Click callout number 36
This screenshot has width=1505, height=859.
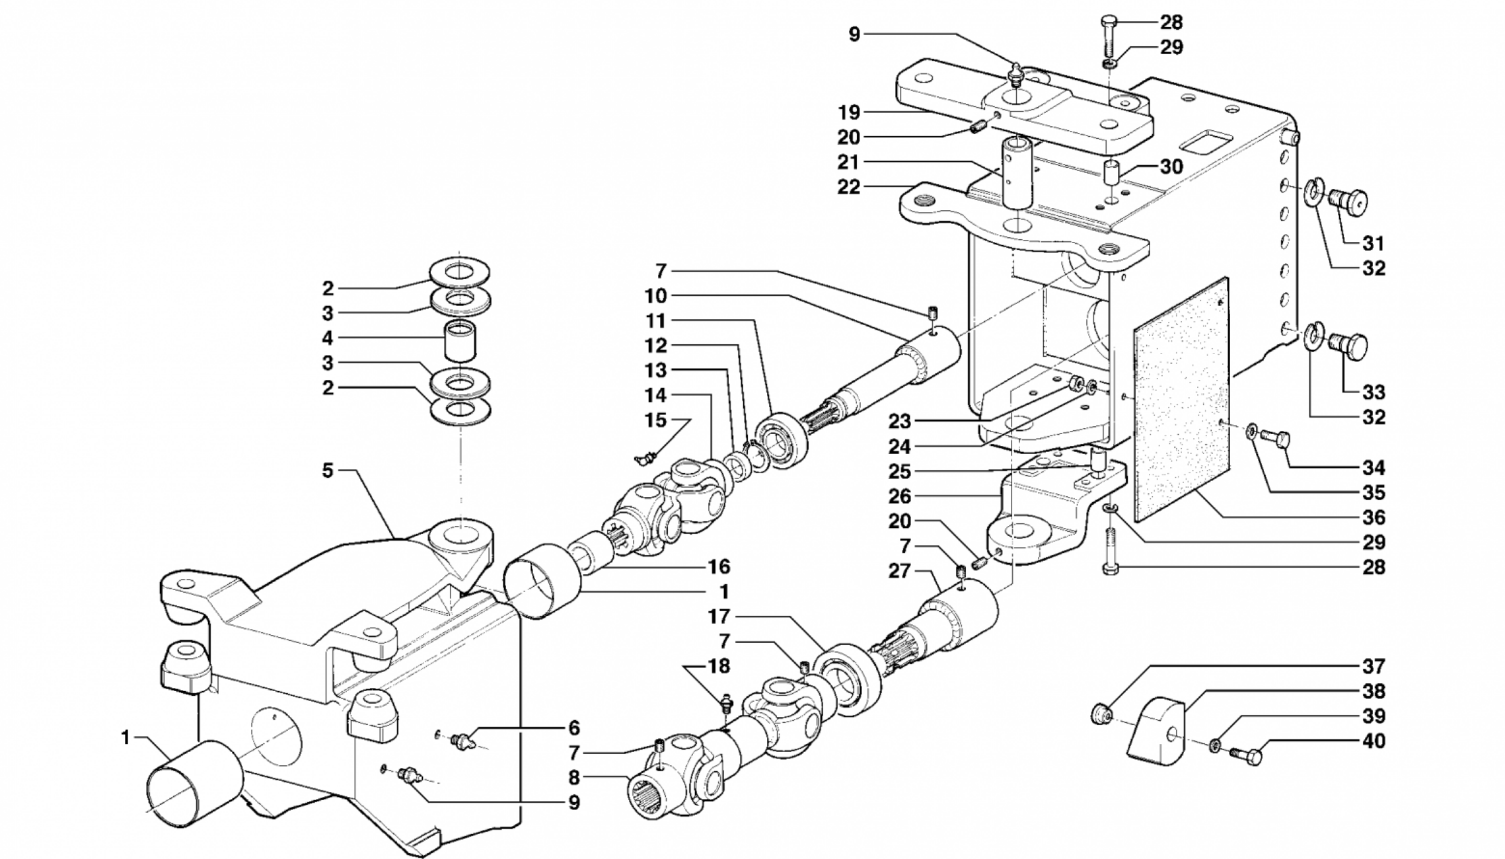click(x=1374, y=517)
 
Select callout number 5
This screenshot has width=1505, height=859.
click(x=328, y=470)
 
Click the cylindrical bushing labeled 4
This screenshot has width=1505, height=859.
click(x=460, y=341)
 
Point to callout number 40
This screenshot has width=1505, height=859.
click(x=1374, y=741)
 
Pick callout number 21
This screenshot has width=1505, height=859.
click(x=849, y=162)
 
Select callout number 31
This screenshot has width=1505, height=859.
click(x=1374, y=243)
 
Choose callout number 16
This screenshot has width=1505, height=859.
click(x=719, y=566)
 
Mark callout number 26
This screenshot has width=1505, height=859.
click(x=900, y=496)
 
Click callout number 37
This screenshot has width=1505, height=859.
click(x=1374, y=666)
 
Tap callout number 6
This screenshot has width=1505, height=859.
click(x=573, y=728)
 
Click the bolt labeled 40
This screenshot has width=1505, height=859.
click(x=1245, y=753)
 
